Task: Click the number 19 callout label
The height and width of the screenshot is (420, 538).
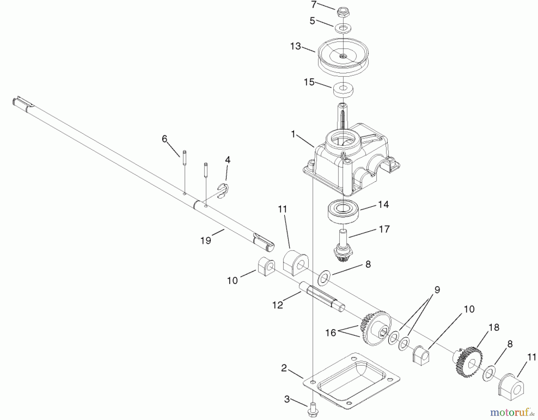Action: tap(206, 240)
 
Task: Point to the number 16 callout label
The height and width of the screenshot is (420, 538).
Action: tap(331, 332)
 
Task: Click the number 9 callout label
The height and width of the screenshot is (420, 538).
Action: tap(437, 289)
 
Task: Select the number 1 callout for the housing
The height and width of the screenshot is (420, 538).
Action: tap(293, 134)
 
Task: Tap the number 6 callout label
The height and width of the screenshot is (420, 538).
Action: tap(164, 139)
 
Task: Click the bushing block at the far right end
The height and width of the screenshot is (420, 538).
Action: tap(511, 388)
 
